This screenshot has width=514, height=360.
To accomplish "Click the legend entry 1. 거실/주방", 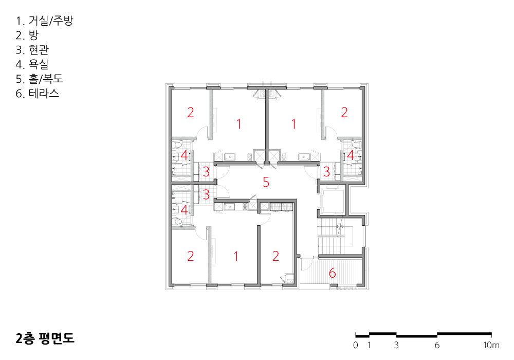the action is (x=45, y=21).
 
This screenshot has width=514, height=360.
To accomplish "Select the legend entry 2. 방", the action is (x=27, y=35).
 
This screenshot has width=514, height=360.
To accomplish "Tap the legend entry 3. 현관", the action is (x=32, y=49).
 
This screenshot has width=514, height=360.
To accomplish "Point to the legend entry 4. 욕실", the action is (x=32, y=64).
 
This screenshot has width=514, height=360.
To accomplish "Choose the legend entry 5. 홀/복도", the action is (x=40, y=79).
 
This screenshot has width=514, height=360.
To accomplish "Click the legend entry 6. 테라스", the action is (x=38, y=94).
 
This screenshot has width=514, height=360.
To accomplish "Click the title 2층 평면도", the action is (x=45, y=338).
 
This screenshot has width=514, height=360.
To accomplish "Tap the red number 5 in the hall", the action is (x=266, y=182).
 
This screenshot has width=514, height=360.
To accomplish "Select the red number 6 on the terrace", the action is (x=333, y=273).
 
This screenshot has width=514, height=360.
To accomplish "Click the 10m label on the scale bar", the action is (x=491, y=345).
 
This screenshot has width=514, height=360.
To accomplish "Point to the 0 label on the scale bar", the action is (x=356, y=345).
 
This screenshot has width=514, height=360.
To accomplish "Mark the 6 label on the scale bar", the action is (x=437, y=345).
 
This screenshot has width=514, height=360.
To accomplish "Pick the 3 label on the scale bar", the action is (x=396, y=345).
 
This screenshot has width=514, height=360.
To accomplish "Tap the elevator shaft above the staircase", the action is (x=332, y=201).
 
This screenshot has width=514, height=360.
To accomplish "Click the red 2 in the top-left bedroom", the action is (x=191, y=113).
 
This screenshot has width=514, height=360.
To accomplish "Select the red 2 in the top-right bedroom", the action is (x=344, y=113).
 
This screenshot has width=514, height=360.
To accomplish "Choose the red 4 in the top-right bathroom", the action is (x=351, y=155).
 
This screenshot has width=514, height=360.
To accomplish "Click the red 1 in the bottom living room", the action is (x=236, y=257).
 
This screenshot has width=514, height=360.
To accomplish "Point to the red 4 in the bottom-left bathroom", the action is (x=184, y=210).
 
